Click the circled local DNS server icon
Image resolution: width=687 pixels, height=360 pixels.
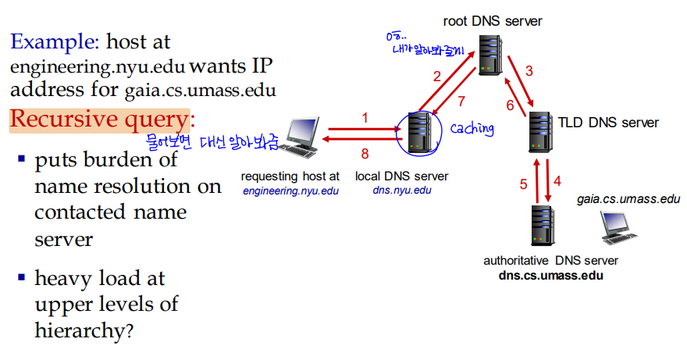420,134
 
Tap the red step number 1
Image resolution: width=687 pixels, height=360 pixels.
364,118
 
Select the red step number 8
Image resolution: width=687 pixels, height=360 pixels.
364,153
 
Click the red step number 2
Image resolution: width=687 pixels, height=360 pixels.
437,76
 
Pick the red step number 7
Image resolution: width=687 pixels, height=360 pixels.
461,101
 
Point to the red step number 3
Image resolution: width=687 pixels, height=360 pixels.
529,71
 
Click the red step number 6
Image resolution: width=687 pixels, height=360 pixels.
510,105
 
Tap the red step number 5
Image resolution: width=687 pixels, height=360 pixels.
524,184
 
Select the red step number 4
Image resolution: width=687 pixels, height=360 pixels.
557,181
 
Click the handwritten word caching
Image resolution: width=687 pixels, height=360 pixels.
472,128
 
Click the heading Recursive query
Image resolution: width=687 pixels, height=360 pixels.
99,119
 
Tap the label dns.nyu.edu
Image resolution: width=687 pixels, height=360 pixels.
401,190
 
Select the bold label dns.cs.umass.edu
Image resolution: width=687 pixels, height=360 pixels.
550,276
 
